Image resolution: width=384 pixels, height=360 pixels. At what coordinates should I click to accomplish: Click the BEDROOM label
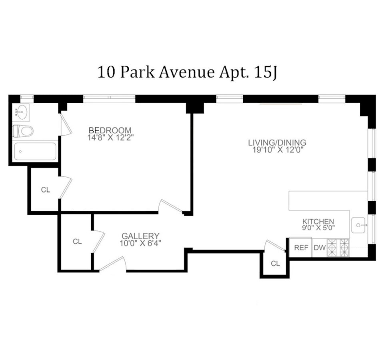pyautogui.click(x=110, y=130)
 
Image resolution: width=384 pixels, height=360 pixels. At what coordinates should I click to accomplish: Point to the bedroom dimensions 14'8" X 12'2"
pyautogui.click(x=110, y=137)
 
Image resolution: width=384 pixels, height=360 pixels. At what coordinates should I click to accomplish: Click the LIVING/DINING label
pyautogui.click(x=277, y=142)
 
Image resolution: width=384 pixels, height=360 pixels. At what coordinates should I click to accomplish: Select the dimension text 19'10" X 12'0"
pyautogui.click(x=277, y=150)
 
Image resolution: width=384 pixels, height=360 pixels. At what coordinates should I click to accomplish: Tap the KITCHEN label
pyautogui.click(x=318, y=221)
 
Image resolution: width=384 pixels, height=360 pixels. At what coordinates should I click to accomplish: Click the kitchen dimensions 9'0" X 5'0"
pyautogui.click(x=318, y=228)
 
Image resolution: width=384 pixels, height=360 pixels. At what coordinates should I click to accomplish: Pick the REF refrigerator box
pyautogui.click(x=301, y=248)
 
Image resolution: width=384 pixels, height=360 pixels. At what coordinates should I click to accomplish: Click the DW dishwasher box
pyautogui.click(x=319, y=248)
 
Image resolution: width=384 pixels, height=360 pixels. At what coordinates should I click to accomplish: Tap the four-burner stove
pyautogui.click(x=338, y=248)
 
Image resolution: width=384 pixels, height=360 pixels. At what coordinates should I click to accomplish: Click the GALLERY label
pyautogui.click(x=140, y=236)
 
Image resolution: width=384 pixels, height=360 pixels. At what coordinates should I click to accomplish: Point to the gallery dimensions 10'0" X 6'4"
pyautogui.click(x=140, y=243)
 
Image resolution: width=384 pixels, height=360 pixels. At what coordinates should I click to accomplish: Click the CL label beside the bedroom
pyautogui.click(x=46, y=190)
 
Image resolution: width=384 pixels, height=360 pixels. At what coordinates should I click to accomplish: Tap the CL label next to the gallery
pyautogui.click(x=77, y=242)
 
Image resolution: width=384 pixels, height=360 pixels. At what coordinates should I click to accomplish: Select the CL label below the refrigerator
pyautogui.click(x=275, y=264)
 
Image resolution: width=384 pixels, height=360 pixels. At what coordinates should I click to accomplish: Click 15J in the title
pyautogui.click(x=265, y=73)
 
